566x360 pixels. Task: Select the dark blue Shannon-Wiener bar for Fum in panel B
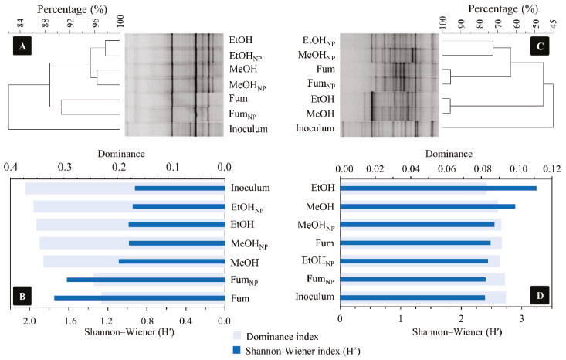[139, 297]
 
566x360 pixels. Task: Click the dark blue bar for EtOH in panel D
[438, 188]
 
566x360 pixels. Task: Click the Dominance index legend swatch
[239, 336]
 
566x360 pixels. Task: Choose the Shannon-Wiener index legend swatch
[239, 349]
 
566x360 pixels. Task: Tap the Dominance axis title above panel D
[446, 153]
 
